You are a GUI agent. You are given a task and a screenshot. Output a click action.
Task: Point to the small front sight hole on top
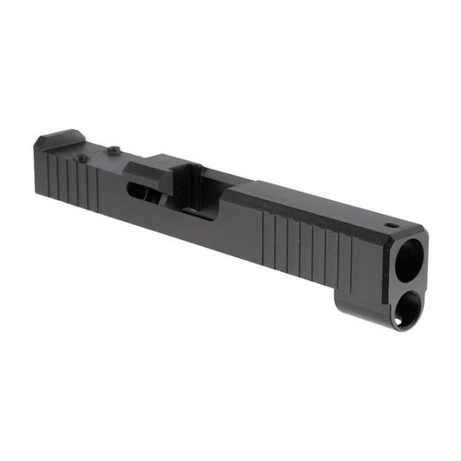[x=391, y=223]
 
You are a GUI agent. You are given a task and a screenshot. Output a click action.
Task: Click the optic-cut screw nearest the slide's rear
[x=83, y=159]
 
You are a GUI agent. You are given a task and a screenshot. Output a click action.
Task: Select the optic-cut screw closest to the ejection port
[x=112, y=150]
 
